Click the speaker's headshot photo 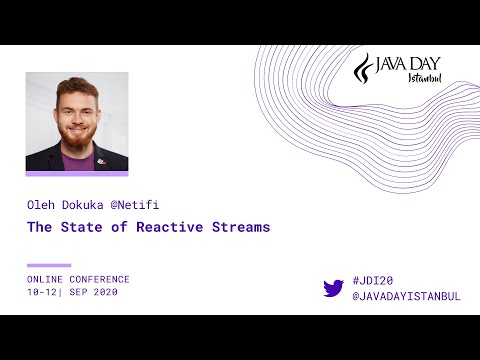77,121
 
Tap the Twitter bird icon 334,288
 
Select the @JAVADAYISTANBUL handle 407,297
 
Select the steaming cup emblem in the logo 366,69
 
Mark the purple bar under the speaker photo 77,174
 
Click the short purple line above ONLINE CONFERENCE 49,265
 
